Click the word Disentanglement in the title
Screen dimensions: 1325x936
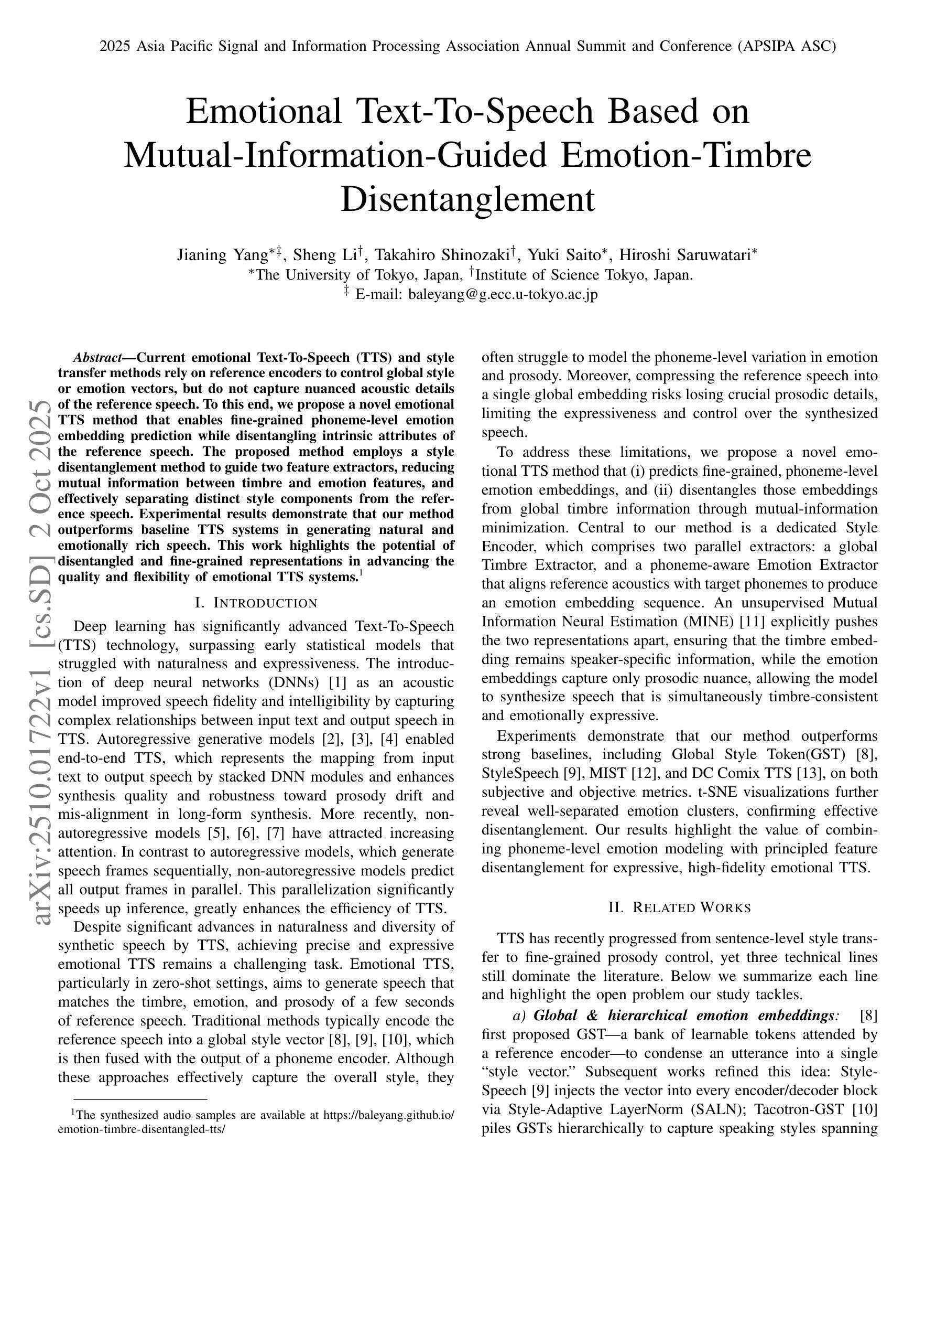point(467,200)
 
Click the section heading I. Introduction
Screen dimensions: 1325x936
point(256,603)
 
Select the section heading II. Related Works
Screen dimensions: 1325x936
point(679,908)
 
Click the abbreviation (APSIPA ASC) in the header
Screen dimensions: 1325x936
point(786,46)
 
